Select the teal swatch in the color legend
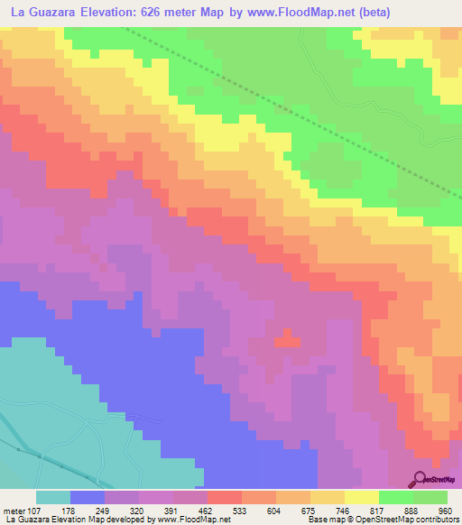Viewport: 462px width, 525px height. pyautogui.click(x=52, y=497)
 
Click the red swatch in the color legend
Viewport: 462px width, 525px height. pyautogui.click(x=224, y=497)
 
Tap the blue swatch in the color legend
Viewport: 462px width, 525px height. pyautogui.click(x=87, y=497)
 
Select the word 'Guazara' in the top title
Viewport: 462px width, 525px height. pyautogui.click(x=60, y=12)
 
